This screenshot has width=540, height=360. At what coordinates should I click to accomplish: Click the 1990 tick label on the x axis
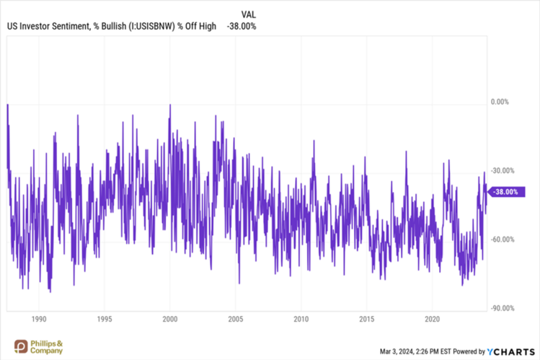tap(39, 318)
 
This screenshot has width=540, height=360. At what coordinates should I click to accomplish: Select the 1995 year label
tap(105, 318)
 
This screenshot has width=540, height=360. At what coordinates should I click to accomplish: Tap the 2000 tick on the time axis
tap(170, 318)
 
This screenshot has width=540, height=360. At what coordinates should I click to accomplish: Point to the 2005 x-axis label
tap(236, 318)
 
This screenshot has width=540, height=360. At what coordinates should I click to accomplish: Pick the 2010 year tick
tap(301, 318)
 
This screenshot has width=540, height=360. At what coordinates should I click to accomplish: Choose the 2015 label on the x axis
tap(367, 318)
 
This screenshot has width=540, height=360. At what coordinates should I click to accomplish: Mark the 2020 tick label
tap(433, 318)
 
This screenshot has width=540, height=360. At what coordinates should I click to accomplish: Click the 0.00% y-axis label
tap(500, 102)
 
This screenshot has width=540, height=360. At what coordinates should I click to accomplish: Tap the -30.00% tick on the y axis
tap(501, 171)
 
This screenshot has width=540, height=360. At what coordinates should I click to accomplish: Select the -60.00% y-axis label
tap(501, 240)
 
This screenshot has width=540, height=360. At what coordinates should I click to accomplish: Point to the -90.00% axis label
tap(501, 309)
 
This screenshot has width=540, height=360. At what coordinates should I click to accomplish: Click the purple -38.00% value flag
tap(505, 192)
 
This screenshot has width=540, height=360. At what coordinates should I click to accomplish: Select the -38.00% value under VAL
tap(242, 27)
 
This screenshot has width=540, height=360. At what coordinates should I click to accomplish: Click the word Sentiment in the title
tap(69, 27)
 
